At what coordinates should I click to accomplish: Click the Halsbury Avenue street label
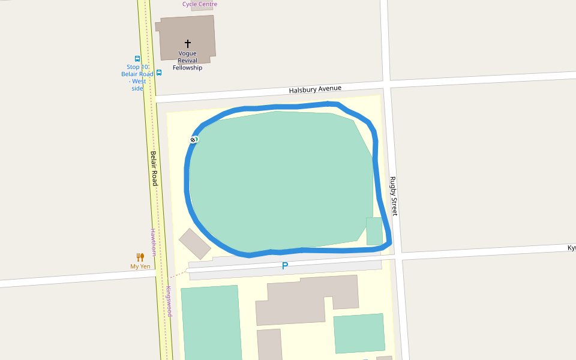point(314,89)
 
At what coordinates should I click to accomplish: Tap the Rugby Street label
point(394,196)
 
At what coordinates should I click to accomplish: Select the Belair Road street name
point(154,167)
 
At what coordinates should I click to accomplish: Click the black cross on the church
point(187,44)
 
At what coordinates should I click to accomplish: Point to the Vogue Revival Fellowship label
point(187,61)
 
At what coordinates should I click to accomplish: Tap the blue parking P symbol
point(285,266)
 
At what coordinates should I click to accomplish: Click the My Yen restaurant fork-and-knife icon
point(140,257)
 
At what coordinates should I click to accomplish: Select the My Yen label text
point(140,266)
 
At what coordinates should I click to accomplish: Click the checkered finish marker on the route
point(193,140)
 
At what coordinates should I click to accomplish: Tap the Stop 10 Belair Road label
point(137,77)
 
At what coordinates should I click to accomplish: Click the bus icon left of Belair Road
point(137,59)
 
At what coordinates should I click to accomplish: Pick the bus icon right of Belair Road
point(159,73)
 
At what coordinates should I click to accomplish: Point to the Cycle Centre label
point(200,4)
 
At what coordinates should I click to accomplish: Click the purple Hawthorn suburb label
point(153,242)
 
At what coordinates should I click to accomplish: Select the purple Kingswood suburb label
point(169,301)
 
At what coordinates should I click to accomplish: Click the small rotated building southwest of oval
point(194,244)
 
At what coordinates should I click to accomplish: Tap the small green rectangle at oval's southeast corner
point(374,231)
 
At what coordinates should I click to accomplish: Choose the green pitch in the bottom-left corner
point(211,324)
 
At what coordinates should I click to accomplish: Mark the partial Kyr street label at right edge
point(571,248)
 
